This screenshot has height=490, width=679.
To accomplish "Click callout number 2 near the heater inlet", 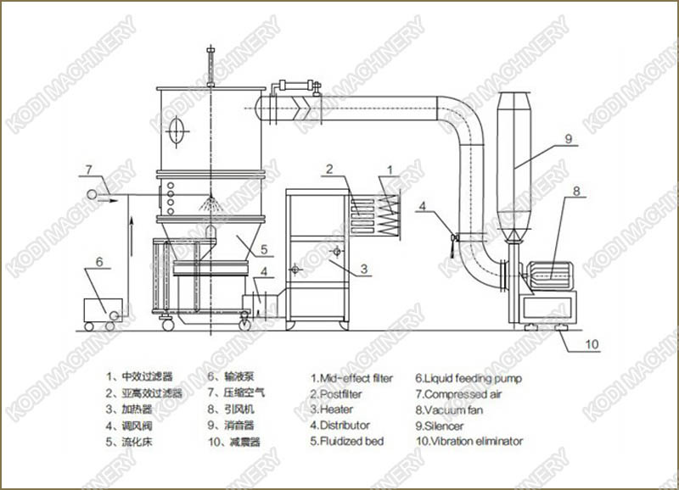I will coord(328,170).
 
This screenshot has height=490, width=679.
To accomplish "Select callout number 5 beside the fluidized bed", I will coord(265,249).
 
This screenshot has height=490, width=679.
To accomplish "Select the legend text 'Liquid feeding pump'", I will coord(469,378).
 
